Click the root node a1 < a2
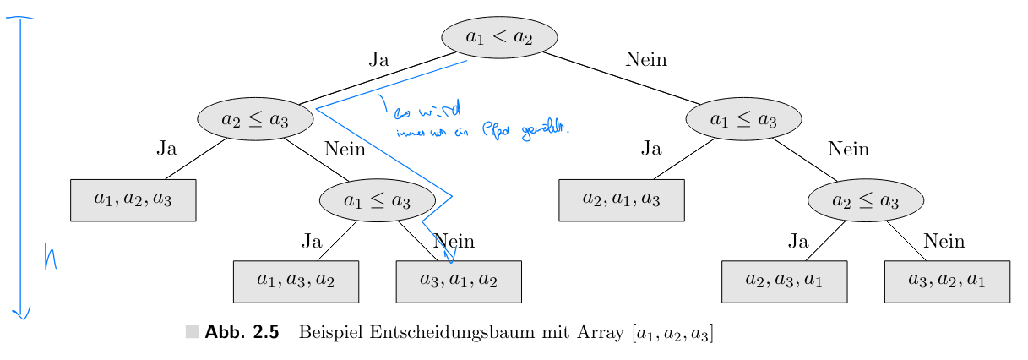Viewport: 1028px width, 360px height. click(x=499, y=37)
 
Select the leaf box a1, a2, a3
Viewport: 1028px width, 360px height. click(x=133, y=199)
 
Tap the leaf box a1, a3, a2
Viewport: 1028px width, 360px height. click(x=296, y=281)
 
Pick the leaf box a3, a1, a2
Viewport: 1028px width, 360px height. click(x=459, y=281)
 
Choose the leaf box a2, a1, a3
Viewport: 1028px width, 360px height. click(x=621, y=199)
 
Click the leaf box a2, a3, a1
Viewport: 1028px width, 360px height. click(x=784, y=281)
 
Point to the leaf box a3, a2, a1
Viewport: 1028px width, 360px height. click(x=947, y=281)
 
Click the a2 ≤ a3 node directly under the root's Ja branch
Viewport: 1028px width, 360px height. click(x=254, y=119)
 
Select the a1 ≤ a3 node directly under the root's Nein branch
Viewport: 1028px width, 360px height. click(x=743, y=119)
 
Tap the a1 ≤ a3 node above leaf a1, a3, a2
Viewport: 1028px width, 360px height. click(x=377, y=201)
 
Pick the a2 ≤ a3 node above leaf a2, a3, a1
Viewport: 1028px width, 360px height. click(x=866, y=201)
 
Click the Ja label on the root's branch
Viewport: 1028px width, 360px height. click(x=379, y=59)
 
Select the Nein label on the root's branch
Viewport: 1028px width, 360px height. click(x=646, y=59)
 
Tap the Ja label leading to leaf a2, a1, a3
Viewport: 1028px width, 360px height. click(x=650, y=150)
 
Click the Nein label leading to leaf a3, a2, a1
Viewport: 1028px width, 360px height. click(x=944, y=241)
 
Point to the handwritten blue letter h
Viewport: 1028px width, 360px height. click(x=50, y=257)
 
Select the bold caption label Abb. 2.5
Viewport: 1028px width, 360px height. click(x=242, y=333)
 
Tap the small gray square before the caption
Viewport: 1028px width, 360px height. click(x=193, y=332)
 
